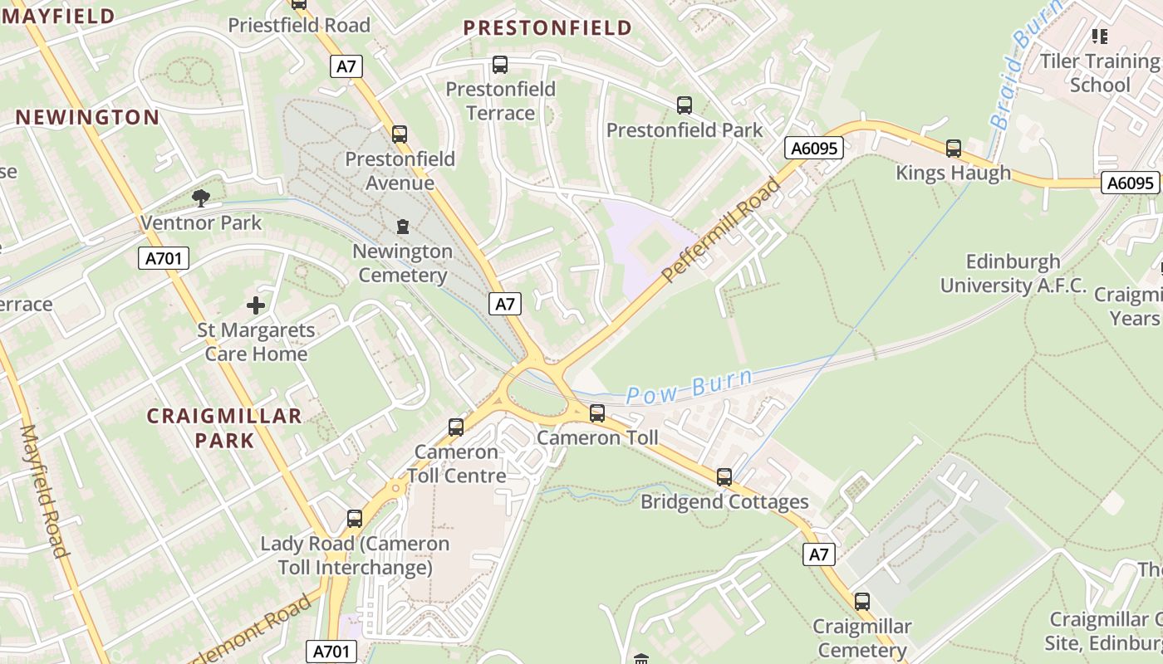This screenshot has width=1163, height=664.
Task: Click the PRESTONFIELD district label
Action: click(x=547, y=28)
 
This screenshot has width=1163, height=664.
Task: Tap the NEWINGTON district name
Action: click(x=87, y=117)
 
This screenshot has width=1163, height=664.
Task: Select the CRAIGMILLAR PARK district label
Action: click(x=224, y=427)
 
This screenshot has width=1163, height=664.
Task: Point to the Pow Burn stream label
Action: click(x=689, y=386)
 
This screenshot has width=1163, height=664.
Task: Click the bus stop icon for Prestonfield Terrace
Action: click(x=500, y=65)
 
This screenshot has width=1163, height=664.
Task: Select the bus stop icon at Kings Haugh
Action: click(x=954, y=149)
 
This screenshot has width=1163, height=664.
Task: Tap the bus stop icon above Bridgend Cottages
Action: click(x=724, y=477)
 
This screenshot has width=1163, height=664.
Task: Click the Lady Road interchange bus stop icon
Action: click(x=355, y=519)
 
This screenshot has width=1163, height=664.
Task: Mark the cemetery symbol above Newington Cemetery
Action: click(x=403, y=227)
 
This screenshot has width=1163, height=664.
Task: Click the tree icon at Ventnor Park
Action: click(x=200, y=198)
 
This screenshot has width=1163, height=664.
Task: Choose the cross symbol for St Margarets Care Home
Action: click(x=256, y=305)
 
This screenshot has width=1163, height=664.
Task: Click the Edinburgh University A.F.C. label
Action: click(x=1013, y=274)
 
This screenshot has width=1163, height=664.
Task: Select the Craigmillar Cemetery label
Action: click(x=861, y=637)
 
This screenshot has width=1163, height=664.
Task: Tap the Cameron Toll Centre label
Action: click(x=457, y=464)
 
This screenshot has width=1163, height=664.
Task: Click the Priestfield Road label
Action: click(x=299, y=26)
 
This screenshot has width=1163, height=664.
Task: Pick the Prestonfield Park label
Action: click(x=685, y=130)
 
